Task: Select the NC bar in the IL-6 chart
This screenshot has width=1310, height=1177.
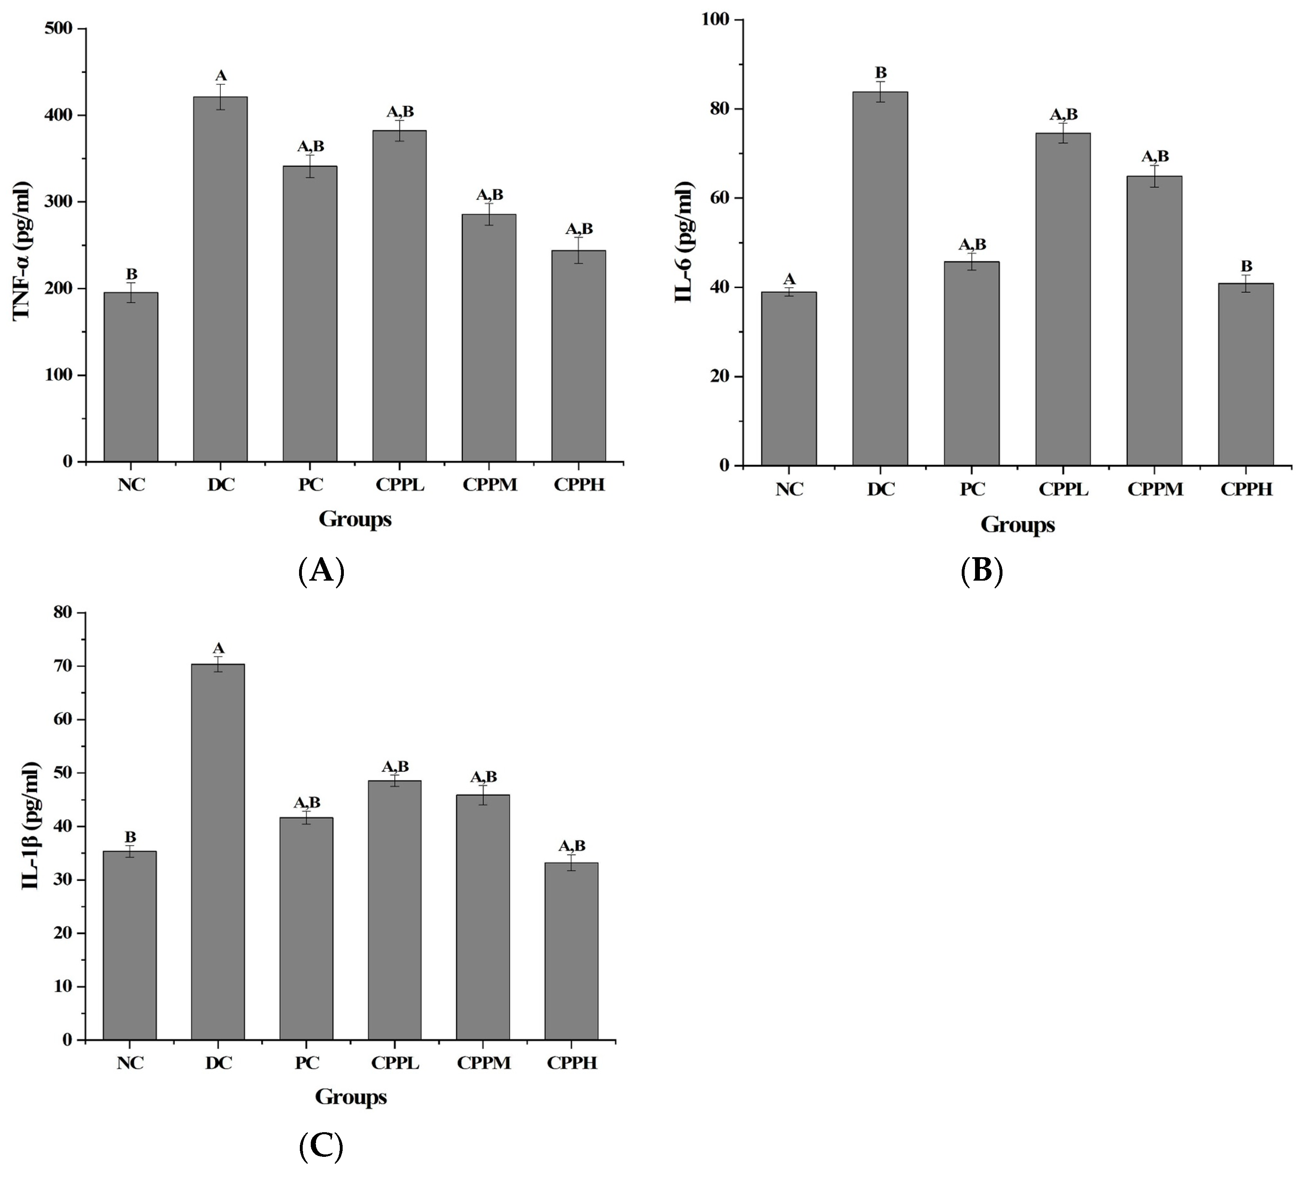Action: pyautogui.click(x=789, y=378)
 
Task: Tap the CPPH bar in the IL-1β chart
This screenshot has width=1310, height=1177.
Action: pyautogui.click(x=571, y=951)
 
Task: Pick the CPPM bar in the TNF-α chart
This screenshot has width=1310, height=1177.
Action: pyautogui.click(x=489, y=336)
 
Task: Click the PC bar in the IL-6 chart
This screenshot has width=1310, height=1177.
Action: pyautogui.click(x=972, y=362)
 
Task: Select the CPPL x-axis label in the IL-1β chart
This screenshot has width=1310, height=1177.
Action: pyautogui.click(x=395, y=1062)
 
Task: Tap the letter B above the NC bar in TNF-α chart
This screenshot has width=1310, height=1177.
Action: pyautogui.click(x=131, y=274)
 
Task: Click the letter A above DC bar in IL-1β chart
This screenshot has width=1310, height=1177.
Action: pyautogui.click(x=219, y=648)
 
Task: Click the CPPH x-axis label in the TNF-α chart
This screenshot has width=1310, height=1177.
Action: pyautogui.click(x=579, y=484)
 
